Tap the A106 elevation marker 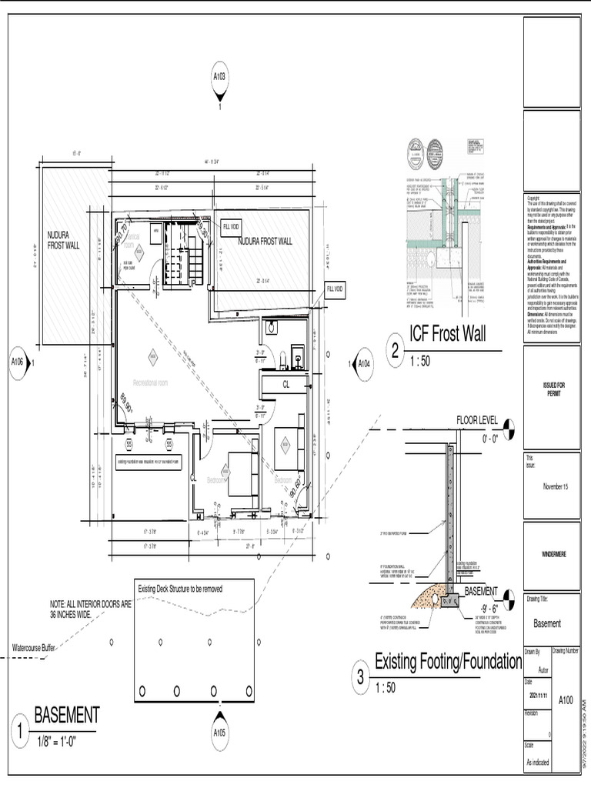(x=18, y=361)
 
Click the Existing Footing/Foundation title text (x=448, y=661)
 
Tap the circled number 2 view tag (x=395, y=352)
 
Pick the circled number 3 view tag (x=360, y=678)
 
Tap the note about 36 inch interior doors (x=85, y=609)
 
